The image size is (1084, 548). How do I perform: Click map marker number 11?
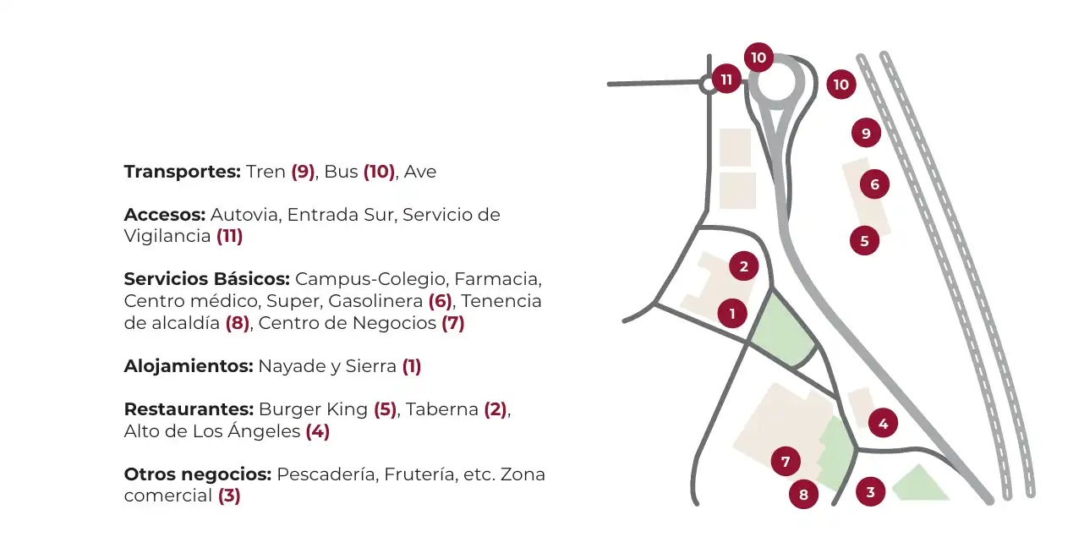(726, 79)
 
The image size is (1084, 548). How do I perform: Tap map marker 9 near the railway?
(866, 133)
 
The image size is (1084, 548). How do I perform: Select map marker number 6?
(874, 184)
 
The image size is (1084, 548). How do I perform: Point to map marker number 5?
(864, 241)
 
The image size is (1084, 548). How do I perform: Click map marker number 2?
(744, 266)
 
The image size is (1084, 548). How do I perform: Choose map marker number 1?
(732, 313)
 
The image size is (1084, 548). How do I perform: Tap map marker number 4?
(883, 423)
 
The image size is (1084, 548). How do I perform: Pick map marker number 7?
(786, 462)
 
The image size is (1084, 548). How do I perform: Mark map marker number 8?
(803, 494)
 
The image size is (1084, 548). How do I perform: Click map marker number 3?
(871, 492)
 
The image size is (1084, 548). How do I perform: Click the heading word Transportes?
(183, 172)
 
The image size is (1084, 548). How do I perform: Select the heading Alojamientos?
(189, 366)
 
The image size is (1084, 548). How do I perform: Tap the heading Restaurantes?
(189, 409)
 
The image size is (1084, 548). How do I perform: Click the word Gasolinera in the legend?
(375, 301)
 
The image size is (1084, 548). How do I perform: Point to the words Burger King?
(313, 409)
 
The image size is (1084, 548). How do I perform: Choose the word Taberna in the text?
(442, 409)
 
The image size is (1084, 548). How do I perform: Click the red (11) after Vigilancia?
(229, 236)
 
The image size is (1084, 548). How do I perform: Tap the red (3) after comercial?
(229, 496)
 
